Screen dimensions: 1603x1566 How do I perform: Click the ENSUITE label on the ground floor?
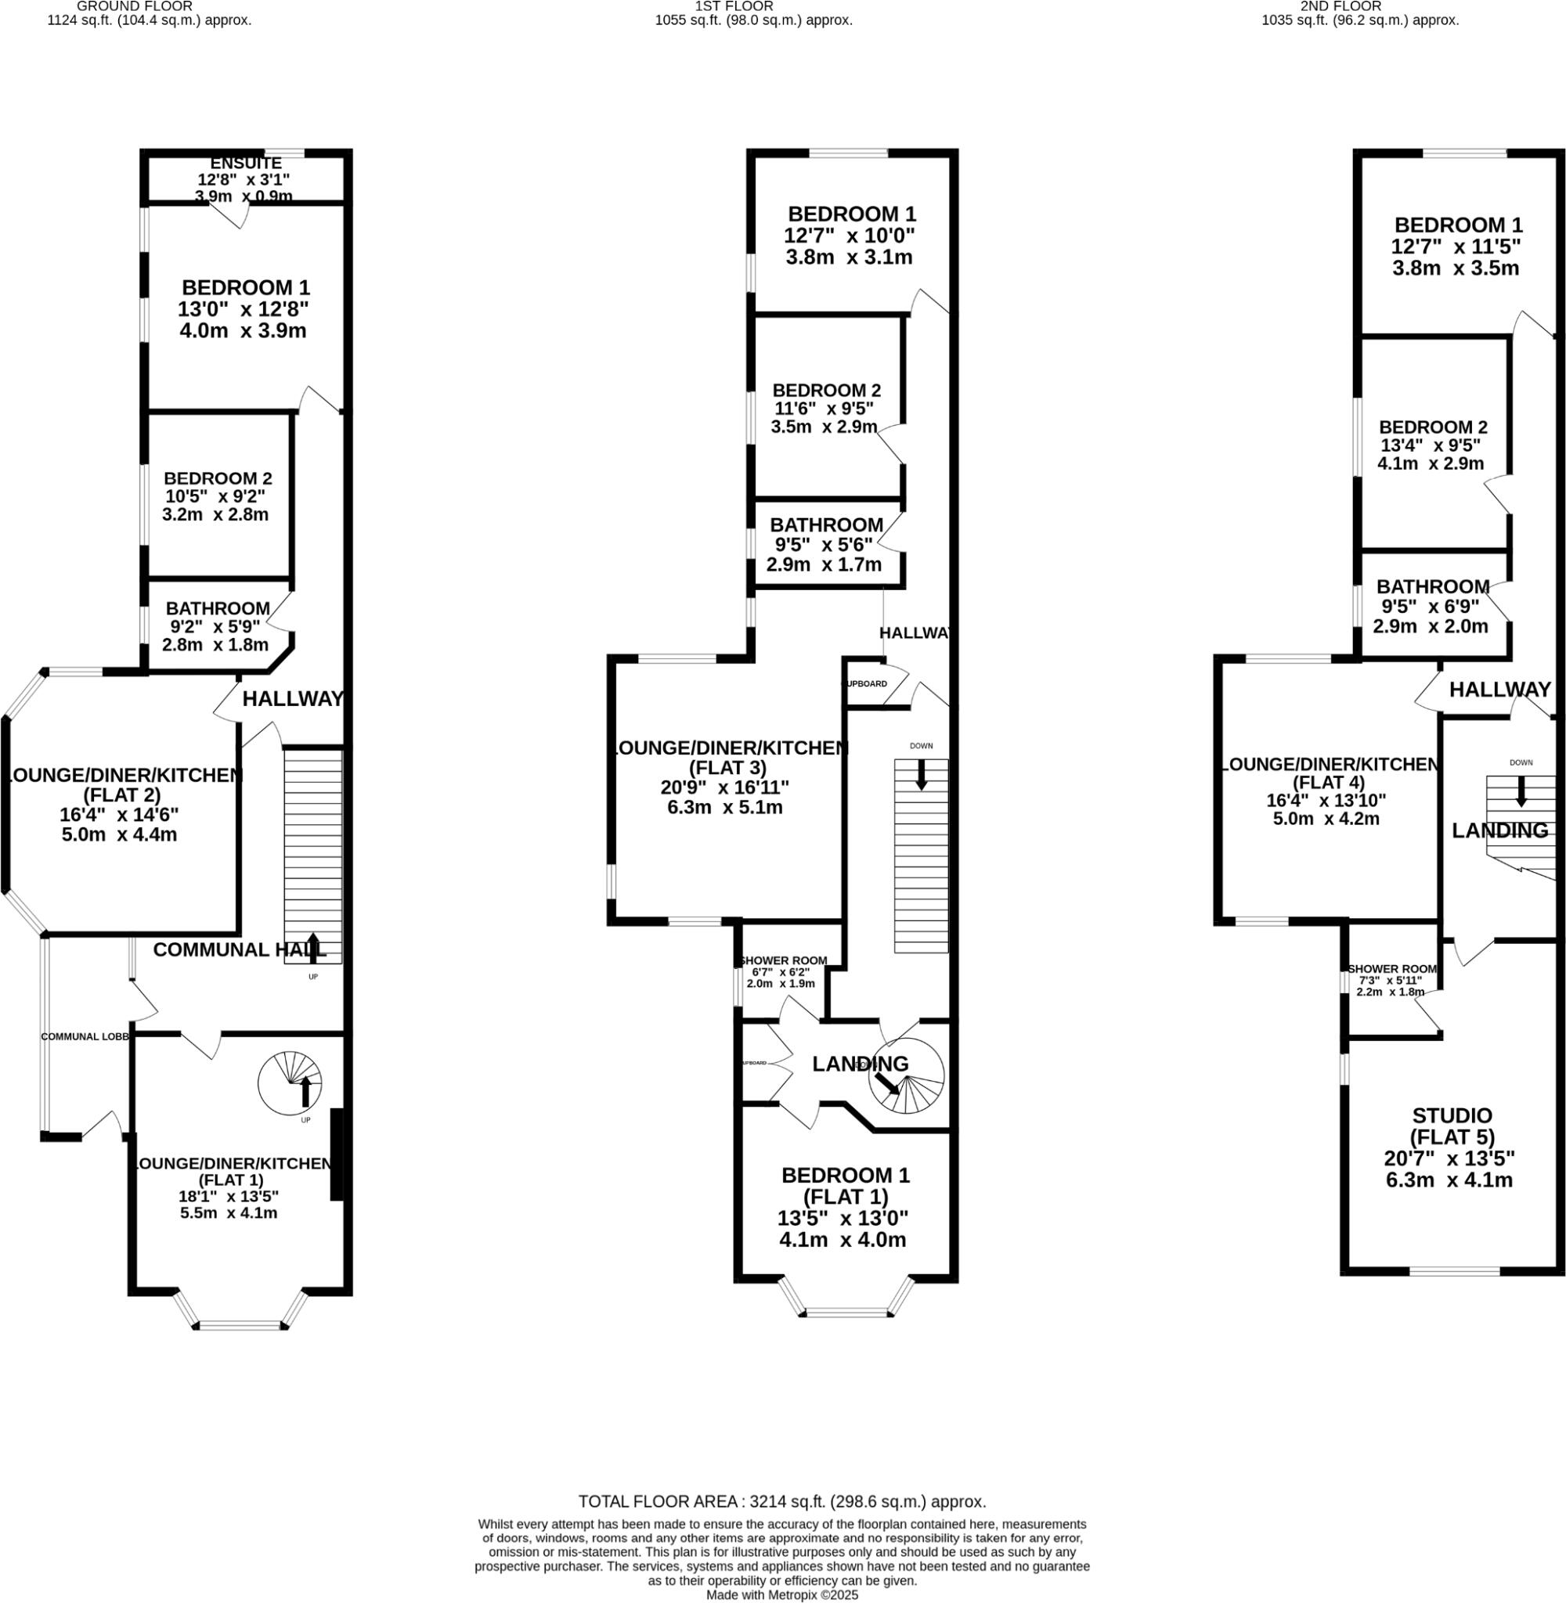click(x=245, y=164)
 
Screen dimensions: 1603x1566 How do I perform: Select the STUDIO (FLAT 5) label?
click(x=1452, y=1126)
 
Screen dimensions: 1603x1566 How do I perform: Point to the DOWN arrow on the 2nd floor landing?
click(x=1521, y=791)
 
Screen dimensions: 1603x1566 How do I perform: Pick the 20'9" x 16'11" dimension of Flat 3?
click(x=724, y=787)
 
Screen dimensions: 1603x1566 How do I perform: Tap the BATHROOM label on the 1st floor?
click(x=826, y=524)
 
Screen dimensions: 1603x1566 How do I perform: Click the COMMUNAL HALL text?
click(x=240, y=949)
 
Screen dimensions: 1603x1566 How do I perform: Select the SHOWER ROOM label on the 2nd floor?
click(x=1391, y=969)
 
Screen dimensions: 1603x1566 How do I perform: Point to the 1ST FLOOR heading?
click(x=734, y=6)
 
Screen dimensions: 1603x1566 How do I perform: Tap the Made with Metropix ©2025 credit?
click(x=782, y=1594)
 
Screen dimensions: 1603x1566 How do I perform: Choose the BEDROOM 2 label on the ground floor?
click(x=218, y=478)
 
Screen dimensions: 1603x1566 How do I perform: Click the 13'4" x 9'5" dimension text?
click(x=1431, y=445)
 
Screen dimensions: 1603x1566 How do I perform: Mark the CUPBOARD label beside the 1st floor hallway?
click(x=864, y=684)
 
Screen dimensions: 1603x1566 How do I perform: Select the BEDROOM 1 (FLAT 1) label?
click(x=846, y=1185)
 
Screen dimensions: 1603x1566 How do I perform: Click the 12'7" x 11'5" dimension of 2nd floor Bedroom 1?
click(x=1456, y=247)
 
